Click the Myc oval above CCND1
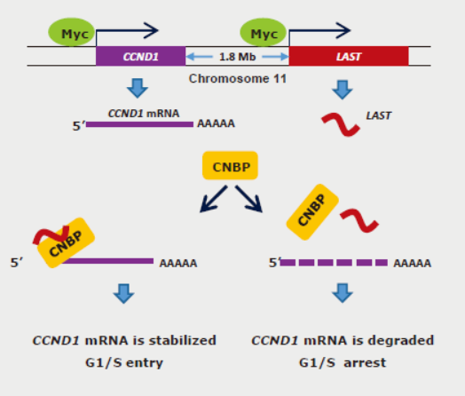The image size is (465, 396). pos(72,32)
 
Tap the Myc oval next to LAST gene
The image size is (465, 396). pos(263,32)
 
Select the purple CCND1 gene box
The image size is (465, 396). pos(140,56)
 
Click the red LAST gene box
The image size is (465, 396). pos(349,56)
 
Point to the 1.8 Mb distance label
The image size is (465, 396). pos(237,57)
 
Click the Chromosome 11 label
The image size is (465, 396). pos(238,79)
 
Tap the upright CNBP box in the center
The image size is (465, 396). pos(230,165)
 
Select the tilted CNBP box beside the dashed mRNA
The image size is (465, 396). pos(312,212)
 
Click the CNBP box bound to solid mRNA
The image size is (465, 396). pos(66,243)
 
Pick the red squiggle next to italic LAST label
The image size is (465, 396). pos(341,124)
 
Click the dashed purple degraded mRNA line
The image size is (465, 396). pos(334,263)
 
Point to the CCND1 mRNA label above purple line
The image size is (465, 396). pos(144,114)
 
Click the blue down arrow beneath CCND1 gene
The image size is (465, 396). pos(138,89)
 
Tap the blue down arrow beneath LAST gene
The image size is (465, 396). pos(343,90)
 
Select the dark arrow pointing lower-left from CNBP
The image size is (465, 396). pos(213,199)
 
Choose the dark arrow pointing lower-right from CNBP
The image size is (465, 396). pos(249,199)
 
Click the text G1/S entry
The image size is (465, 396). pos(124,362)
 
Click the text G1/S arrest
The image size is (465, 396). pos(343,362)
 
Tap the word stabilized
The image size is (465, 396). pos(183,340)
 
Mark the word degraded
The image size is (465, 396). pos(400,341)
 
